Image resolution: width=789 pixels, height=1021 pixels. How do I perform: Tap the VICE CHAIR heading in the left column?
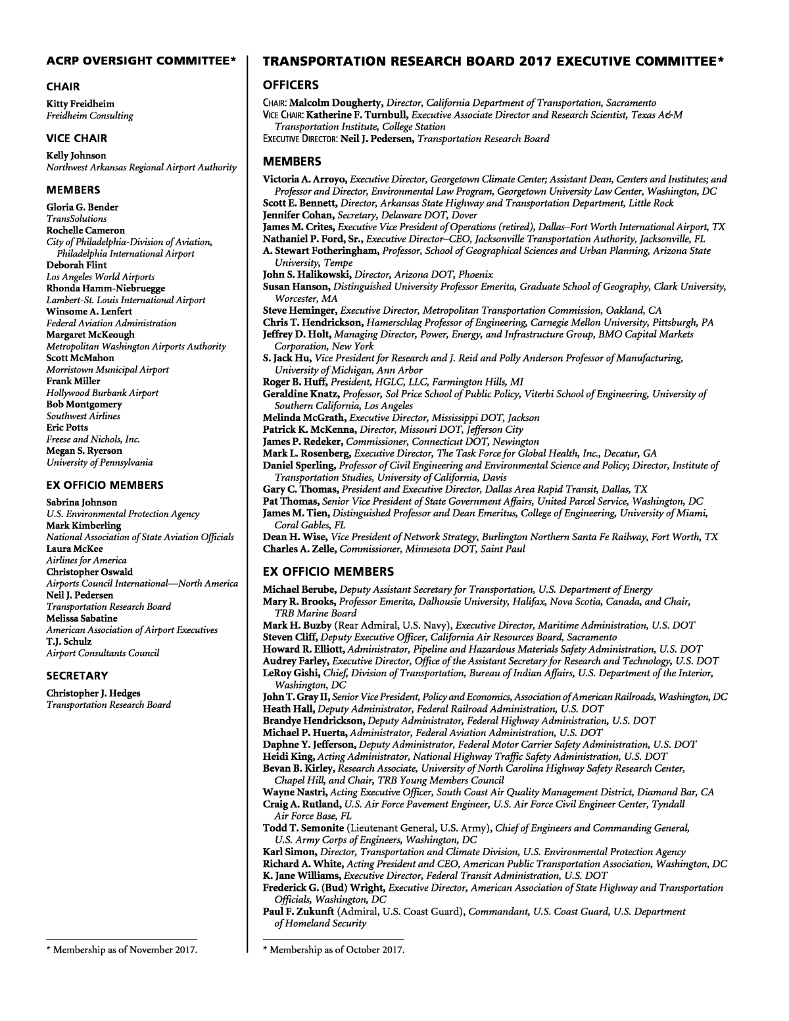tap(76, 138)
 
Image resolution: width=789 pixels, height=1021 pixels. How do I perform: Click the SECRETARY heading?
tap(77, 676)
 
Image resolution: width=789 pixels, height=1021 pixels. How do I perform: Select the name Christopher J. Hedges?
tap(93, 693)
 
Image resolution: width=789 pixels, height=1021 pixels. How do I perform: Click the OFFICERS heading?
tap(291, 85)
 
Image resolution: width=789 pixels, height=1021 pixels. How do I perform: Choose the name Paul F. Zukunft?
tap(299, 911)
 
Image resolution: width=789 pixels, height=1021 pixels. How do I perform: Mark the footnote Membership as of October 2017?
tap(333, 949)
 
